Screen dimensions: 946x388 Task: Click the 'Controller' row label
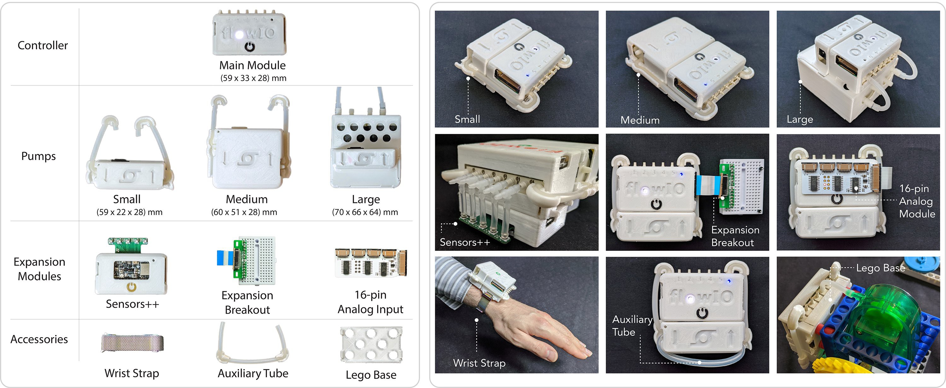(x=43, y=45)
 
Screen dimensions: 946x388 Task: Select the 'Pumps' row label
(x=38, y=156)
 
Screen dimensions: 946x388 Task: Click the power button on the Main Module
(x=250, y=47)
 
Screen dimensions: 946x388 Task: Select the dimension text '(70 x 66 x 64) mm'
(x=365, y=212)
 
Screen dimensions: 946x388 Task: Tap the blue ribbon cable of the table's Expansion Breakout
(x=225, y=258)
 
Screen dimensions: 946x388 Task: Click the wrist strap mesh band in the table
(x=132, y=343)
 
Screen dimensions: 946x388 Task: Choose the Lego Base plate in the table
(x=371, y=344)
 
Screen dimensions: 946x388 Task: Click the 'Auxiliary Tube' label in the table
(x=253, y=373)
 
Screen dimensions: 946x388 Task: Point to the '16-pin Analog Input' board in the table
(x=371, y=263)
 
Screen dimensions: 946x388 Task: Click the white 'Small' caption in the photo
(x=467, y=119)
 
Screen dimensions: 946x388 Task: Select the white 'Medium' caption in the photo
(x=640, y=120)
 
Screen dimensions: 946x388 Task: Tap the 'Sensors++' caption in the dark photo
(x=465, y=242)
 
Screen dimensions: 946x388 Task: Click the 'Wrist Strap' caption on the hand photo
(x=479, y=363)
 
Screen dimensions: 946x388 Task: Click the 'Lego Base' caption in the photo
(x=881, y=268)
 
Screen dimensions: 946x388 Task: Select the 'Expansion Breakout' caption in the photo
(x=735, y=236)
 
